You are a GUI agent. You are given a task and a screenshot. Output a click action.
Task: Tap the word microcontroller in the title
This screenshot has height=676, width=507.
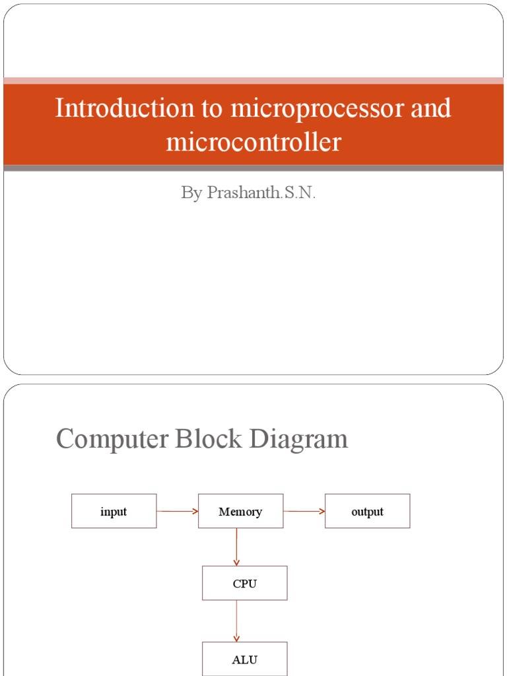pyautogui.click(x=253, y=141)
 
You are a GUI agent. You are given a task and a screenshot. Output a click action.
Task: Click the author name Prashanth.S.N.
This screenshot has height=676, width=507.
pyautogui.click(x=261, y=193)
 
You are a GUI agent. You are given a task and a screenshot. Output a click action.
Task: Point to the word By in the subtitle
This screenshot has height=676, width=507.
pyautogui.click(x=191, y=193)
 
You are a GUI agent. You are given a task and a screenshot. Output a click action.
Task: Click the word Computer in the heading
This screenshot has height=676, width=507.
pyautogui.click(x=112, y=438)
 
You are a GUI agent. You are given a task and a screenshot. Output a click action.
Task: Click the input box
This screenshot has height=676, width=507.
pyautogui.click(x=114, y=511)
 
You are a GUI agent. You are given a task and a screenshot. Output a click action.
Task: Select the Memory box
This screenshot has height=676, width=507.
pyautogui.click(x=240, y=511)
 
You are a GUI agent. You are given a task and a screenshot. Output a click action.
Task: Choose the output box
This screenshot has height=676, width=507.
pyautogui.click(x=367, y=511)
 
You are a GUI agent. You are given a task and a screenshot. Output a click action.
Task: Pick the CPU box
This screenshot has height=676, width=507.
pyautogui.click(x=244, y=583)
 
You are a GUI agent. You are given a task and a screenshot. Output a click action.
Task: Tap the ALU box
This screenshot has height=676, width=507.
pyautogui.click(x=244, y=659)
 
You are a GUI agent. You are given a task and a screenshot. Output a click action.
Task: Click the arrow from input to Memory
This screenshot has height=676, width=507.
pyautogui.click(x=177, y=511)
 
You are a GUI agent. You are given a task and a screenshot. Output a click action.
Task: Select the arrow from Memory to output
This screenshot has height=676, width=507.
pyautogui.click(x=304, y=511)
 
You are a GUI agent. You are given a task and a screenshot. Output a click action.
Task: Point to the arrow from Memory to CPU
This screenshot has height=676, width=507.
pyautogui.click(x=236, y=547)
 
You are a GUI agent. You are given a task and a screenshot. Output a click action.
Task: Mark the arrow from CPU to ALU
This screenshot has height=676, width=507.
pyautogui.click(x=236, y=621)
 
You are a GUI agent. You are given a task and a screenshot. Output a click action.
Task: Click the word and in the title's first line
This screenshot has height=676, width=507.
pyautogui.click(x=430, y=108)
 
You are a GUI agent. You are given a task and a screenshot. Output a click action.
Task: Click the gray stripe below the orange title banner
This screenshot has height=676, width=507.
pyautogui.click(x=253, y=168)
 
